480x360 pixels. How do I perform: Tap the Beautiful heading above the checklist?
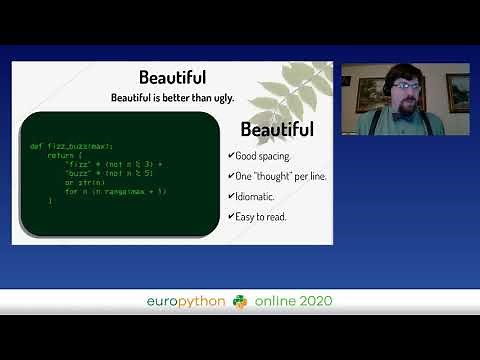point(277,130)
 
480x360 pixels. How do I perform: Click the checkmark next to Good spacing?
point(231,156)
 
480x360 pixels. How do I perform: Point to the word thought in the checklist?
point(284,175)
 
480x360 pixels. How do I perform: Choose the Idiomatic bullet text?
point(256,195)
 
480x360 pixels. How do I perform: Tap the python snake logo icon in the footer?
point(240,301)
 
